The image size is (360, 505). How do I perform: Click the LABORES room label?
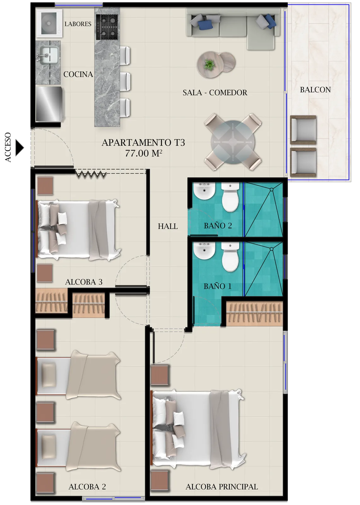[78, 24]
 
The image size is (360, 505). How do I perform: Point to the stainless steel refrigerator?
[49, 104]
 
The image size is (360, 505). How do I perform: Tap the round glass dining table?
[233, 142]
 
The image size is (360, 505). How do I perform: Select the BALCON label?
[315, 90]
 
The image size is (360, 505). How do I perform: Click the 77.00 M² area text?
[144, 153]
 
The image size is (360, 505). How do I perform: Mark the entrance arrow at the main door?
[20, 147]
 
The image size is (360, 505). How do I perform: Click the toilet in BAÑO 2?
[230, 198]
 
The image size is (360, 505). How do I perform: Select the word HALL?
[168, 226]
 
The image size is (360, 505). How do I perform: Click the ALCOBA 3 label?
[84, 282]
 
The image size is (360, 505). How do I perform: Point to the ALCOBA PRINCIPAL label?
[221, 487]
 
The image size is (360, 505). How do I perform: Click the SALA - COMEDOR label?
[215, 92]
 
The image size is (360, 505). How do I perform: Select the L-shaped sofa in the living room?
[233, 27]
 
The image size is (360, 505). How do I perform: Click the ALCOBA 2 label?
[87, 487]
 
